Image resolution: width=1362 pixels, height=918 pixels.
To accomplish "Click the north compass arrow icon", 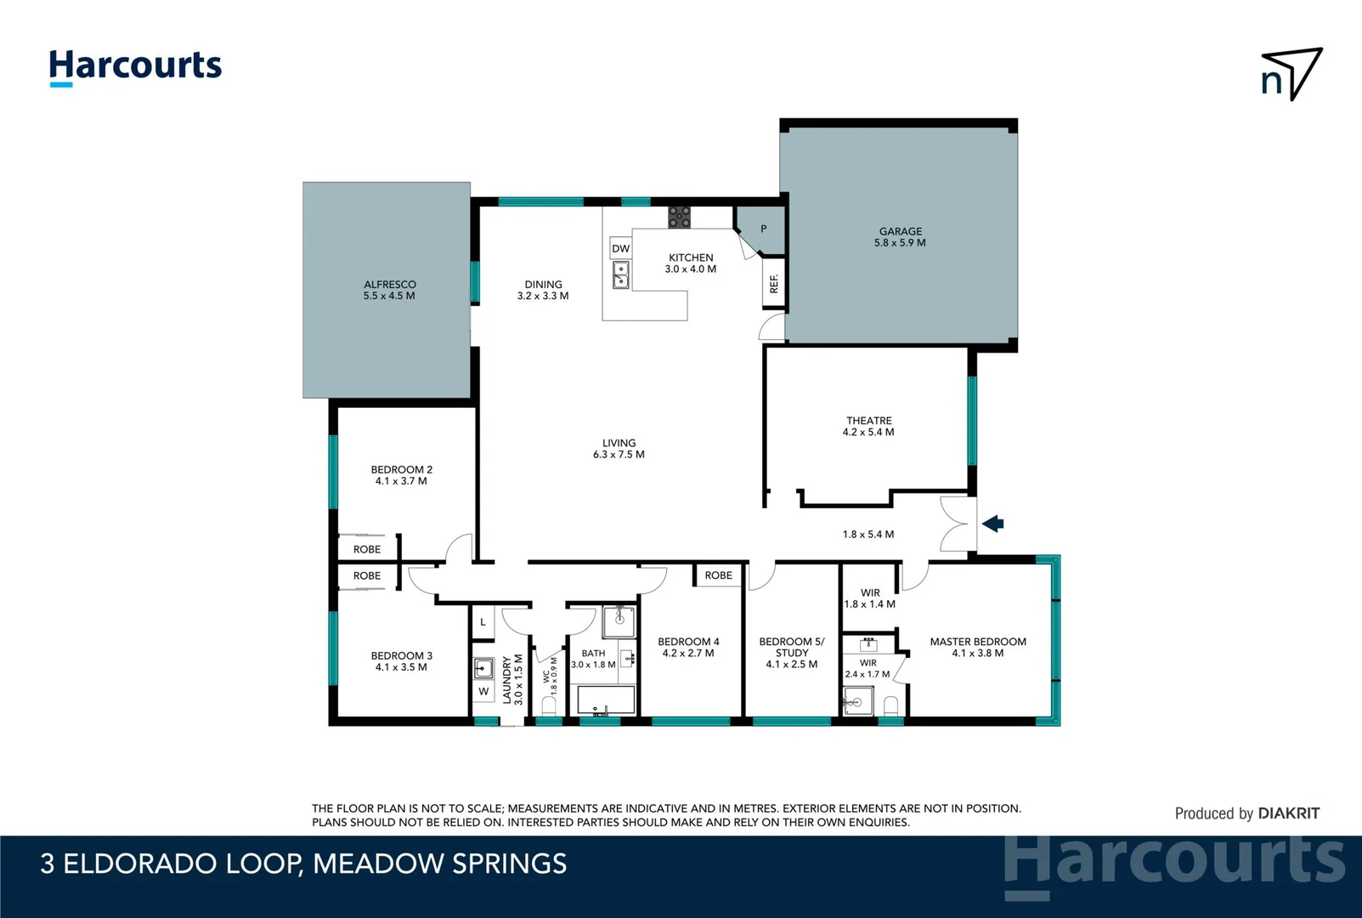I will click(1291, 75).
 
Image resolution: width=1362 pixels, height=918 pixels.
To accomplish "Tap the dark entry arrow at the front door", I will click(993, 524).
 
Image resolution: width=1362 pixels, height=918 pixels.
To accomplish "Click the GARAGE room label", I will click(900, 236).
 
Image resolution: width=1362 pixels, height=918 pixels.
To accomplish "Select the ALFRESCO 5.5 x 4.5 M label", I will click(389, 290).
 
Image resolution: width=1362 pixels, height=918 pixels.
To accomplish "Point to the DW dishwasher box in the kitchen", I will click(621, 249).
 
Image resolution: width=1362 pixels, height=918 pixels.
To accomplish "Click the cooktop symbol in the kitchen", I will click(679, 217).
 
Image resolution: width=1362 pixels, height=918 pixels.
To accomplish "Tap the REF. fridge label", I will click(773, 283).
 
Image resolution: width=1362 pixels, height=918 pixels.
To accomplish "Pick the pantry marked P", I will click(763, 229).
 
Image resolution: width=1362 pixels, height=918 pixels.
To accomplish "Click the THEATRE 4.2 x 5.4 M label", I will click(868, 426).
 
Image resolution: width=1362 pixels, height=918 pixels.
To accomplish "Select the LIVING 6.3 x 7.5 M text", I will click(619, 448).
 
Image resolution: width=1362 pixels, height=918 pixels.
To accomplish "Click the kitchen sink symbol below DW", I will click(621, 275).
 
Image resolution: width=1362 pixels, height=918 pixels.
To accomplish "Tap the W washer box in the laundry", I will click(483, 691).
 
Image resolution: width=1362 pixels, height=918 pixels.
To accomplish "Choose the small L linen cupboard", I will click(483, 622).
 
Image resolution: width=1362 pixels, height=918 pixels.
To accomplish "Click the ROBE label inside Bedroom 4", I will click(718, 575).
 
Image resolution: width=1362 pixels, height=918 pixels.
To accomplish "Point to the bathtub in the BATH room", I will click(606, 700).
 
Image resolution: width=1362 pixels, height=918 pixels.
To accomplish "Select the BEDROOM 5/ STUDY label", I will click(791, 652).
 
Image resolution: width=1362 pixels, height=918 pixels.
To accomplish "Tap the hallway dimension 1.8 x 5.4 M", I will click(867, 534).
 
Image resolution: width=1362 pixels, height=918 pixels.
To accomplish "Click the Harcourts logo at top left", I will click(135, 67).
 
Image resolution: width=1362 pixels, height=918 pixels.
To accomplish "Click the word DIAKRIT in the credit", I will click(1288, 813).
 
